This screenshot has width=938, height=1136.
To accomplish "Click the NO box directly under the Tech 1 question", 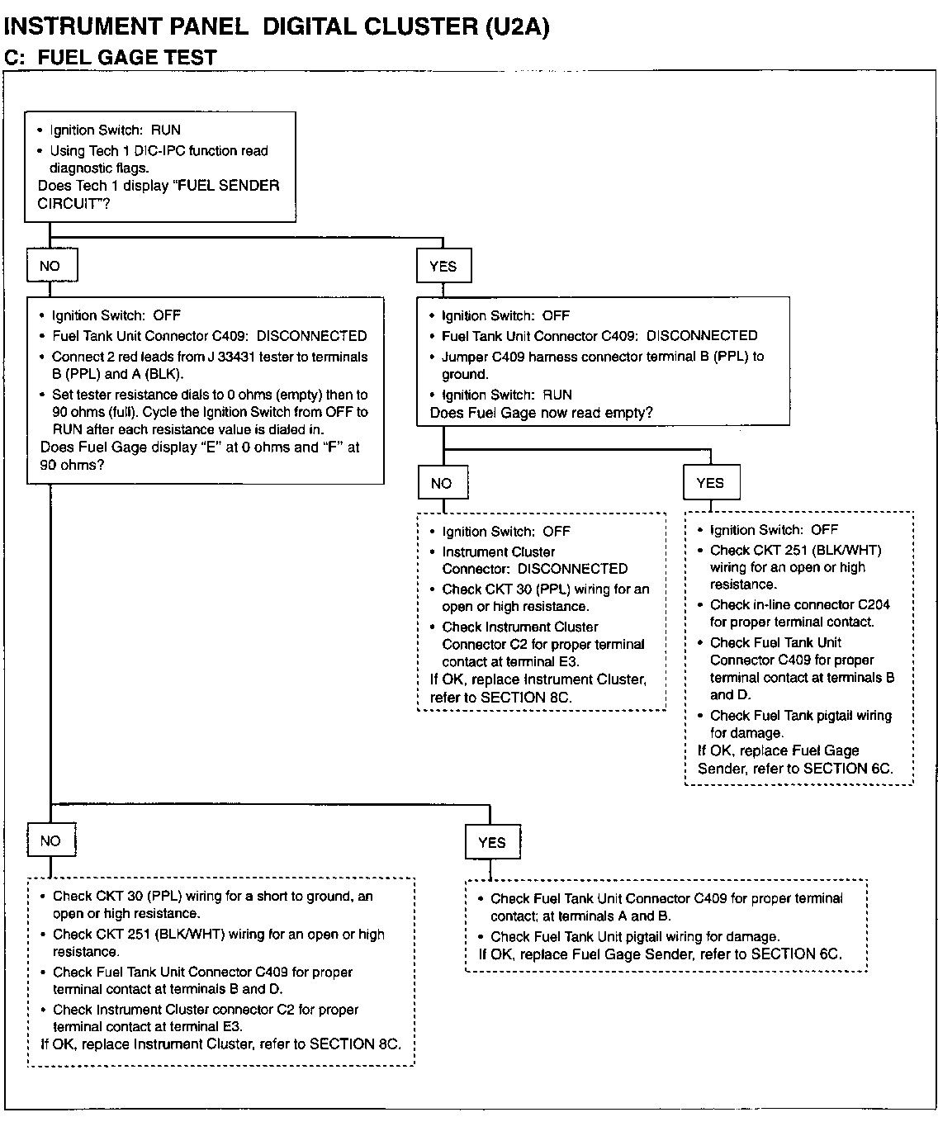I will (50, 266).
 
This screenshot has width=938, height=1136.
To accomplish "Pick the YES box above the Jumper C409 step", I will (443, 266).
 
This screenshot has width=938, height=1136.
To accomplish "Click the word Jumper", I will (466, 357).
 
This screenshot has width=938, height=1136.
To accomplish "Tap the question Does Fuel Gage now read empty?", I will (541, 413).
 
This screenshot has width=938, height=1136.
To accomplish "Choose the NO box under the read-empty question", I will (442, 483).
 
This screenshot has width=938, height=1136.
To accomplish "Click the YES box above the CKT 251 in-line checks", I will (710, 483).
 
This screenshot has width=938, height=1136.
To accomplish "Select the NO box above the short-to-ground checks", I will (50, 840).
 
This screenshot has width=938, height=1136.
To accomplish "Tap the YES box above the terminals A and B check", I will (491, 842).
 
